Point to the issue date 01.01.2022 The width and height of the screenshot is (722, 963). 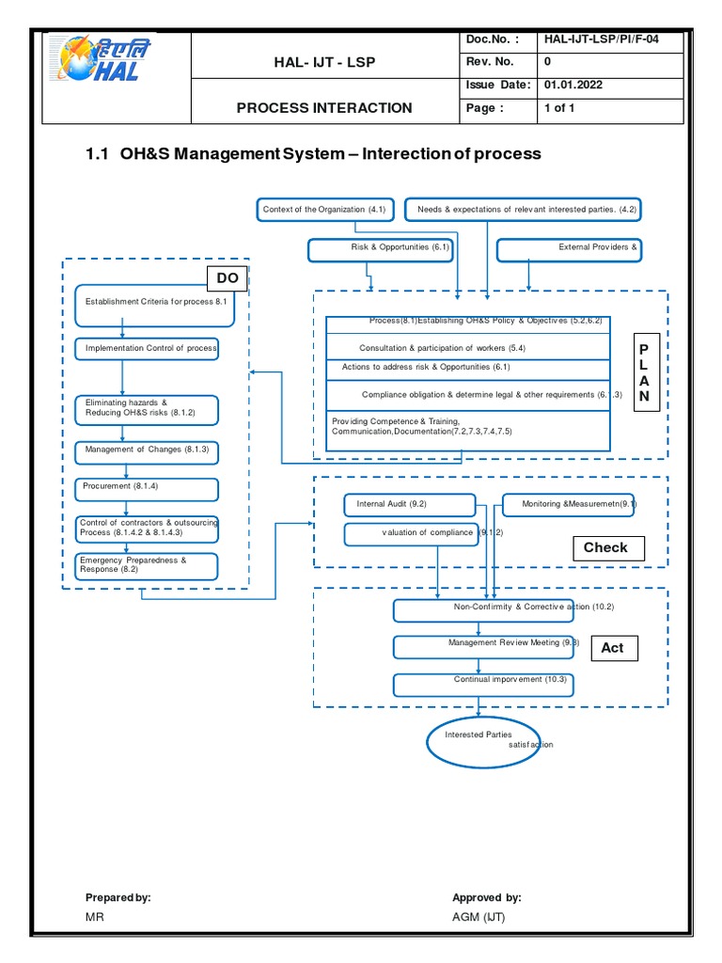(x=573, y=85)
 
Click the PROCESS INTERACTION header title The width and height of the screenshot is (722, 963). (x=324, y=107)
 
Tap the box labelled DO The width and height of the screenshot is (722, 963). (x=228, y=278)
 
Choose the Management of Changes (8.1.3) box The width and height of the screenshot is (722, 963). (x=147, y=450)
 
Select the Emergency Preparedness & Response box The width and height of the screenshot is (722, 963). (x=147, y=565)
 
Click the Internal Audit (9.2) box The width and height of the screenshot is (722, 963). (x=405, y=505)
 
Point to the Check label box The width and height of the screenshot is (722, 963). (x=605, y=547)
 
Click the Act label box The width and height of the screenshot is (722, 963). (x=612, y=648)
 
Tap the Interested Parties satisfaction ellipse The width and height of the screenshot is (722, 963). (x=479, y=739)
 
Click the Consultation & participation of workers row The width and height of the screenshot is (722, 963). (x=468, y=348)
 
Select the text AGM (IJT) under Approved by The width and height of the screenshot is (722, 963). (x=479, y=917)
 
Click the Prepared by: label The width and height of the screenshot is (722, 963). (x=118, y=898)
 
